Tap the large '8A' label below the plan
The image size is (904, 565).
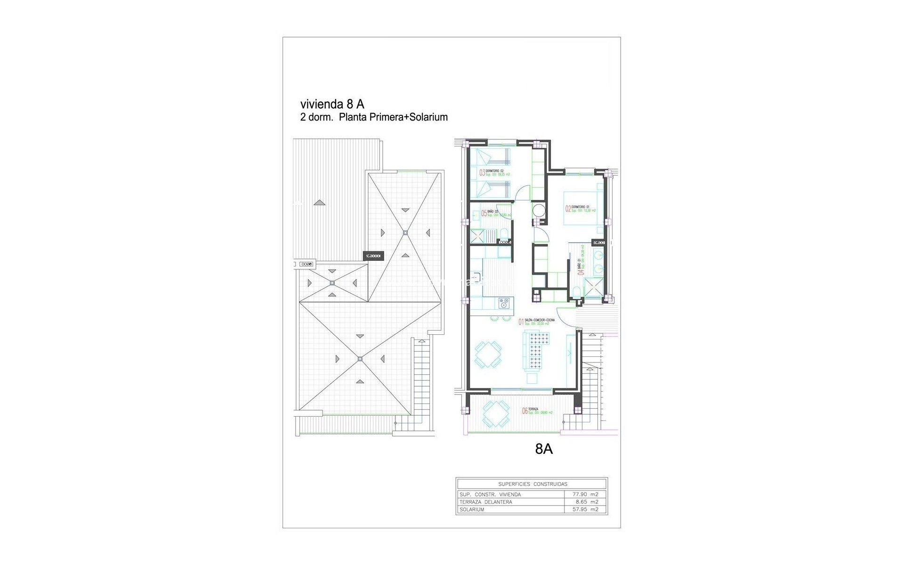(544, 449)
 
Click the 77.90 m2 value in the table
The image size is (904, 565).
(586, 494)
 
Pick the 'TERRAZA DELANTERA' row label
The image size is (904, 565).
(485, 502)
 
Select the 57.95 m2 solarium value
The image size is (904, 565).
(586, 509)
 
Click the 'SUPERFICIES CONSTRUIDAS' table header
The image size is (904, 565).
(532, 484)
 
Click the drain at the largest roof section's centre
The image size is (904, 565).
(360, 359)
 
